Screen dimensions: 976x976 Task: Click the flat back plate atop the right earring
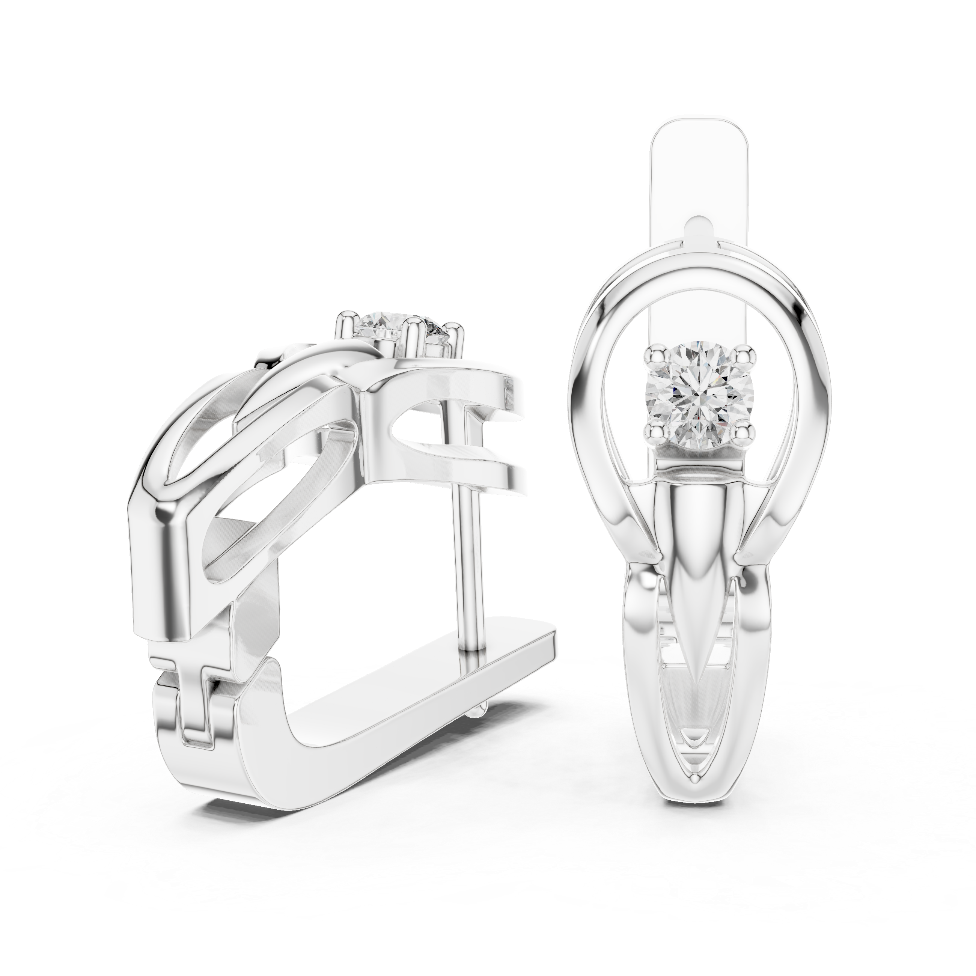point(700,167)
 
